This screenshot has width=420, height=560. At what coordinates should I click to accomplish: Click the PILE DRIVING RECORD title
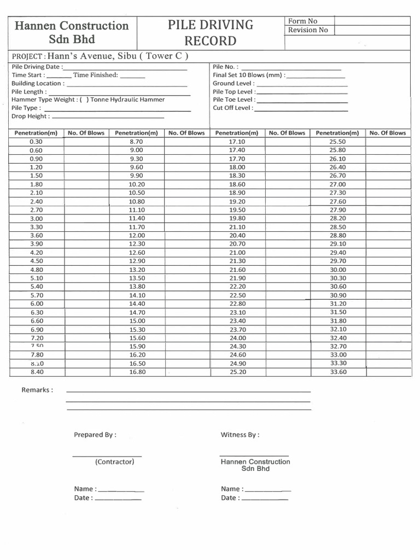211,33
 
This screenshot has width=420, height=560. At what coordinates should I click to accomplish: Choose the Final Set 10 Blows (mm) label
249,75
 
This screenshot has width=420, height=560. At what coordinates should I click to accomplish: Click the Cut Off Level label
233,108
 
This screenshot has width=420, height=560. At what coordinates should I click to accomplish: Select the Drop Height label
31,116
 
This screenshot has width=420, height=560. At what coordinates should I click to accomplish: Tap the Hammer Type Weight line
88,100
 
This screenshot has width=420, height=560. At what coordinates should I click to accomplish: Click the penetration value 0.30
36,142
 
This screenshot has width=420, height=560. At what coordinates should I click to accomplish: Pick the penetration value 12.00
136,235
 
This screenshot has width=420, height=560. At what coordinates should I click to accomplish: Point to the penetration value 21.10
237,227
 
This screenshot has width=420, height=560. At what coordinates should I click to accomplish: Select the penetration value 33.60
337,372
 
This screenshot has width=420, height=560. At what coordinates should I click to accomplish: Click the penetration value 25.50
337,142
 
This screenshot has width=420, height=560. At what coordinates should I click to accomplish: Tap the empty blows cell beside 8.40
86,372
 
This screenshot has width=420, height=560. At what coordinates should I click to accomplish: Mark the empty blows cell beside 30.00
388,270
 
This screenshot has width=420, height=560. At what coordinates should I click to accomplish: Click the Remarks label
37,390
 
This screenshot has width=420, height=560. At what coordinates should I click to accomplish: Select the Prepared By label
95,435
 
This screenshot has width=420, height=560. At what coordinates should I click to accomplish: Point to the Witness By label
240,435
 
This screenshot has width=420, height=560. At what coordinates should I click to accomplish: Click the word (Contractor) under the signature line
114,462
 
